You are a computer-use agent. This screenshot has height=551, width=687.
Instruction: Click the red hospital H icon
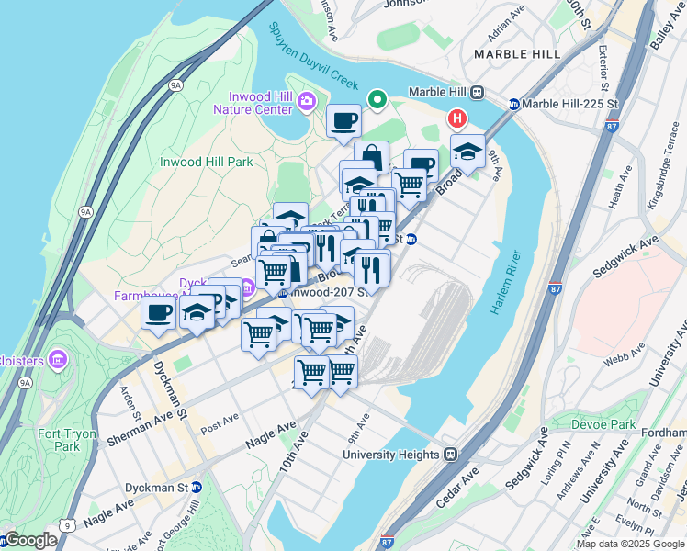pyautogui.click(x=456, y=119)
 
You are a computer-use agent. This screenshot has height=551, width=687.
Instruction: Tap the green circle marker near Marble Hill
pyautogui.click(x=377, y=99)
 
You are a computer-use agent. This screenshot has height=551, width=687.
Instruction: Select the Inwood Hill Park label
pyautogui.click(x=207, y=162)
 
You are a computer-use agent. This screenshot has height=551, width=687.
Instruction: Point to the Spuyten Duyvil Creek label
pyautogui.click(x=311, y=56)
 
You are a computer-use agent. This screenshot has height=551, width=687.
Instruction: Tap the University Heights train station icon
pyautogui.click(x=451, y=455)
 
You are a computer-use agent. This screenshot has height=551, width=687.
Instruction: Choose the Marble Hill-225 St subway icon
pyautogui.click(x=514, y=104)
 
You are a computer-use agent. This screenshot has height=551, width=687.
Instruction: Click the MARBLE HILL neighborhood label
pyautogui.click(x=517, y=54)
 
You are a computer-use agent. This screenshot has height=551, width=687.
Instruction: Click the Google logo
pyautogui.click(x=30, y=540)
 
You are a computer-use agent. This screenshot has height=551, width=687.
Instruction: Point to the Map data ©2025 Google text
pyautogui.click(x=630, y=544)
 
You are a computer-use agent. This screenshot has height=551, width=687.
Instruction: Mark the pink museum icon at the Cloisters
pyautogui.click(x=59, y=356)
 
